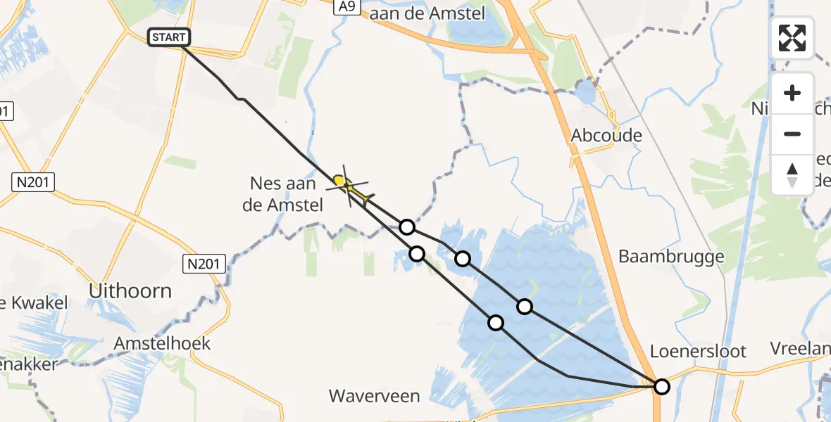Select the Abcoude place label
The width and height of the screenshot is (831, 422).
pyautogui.click(x=606, y=135)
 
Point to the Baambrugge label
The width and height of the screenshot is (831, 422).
pyautogui.click(x=671, y=257)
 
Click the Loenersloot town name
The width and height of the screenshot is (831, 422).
pyautogui.click(x=698, y=351)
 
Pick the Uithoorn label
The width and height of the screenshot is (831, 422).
pyautogui.click(x=131, y=290)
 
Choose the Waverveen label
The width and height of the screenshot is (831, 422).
pyautogui.click(x=375, y=396)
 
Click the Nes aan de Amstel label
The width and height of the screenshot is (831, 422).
pyautogui.click(x=287, y=194)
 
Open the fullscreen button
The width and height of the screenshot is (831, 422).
pyautogui.click(x=792, y=38)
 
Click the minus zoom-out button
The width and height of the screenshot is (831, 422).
pyautogui.click(x=792, y=134)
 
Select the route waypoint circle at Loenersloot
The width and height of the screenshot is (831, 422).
pyautogui.click(x=661, y=386)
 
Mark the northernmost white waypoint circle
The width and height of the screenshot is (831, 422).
pyautogui.click(x=406, y=226)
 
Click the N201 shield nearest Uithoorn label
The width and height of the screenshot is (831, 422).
pyautogui.click(x=205, y=264)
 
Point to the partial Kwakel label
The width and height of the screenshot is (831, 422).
pyautogui.click(x=35, y=303)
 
